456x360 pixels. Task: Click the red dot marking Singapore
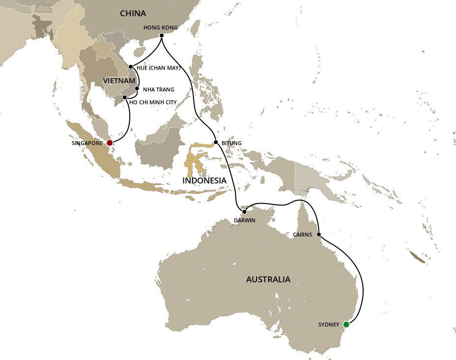[x=110, y=143]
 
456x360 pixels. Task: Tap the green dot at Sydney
[x=346, y=324]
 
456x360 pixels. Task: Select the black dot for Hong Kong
[x=162, y=35]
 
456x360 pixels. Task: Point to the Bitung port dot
[x=216, y=143]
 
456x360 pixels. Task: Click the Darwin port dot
[x=244, y=211]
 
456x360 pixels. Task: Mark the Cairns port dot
[x=319, y=234]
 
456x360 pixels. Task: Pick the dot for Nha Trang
[x=137, y=89]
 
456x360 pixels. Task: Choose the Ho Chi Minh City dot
[x=125, y=97]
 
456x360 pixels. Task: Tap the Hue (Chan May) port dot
[x=131, y=67]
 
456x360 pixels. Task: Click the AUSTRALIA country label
[x=268, y=279]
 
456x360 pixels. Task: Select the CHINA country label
[x=133, y=14]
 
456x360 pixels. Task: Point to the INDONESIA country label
[x=204, y=180]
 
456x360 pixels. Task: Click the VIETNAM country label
[x=119, y=80]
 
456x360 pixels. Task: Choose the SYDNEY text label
[x=329, y=325]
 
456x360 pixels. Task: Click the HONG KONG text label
[x=160, y=28]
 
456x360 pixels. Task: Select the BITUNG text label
[x=232, y=143]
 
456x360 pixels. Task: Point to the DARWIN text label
[x=244, y=220]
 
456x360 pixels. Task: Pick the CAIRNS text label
[x=302, y=235]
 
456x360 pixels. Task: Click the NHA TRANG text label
[x=158, y=90]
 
